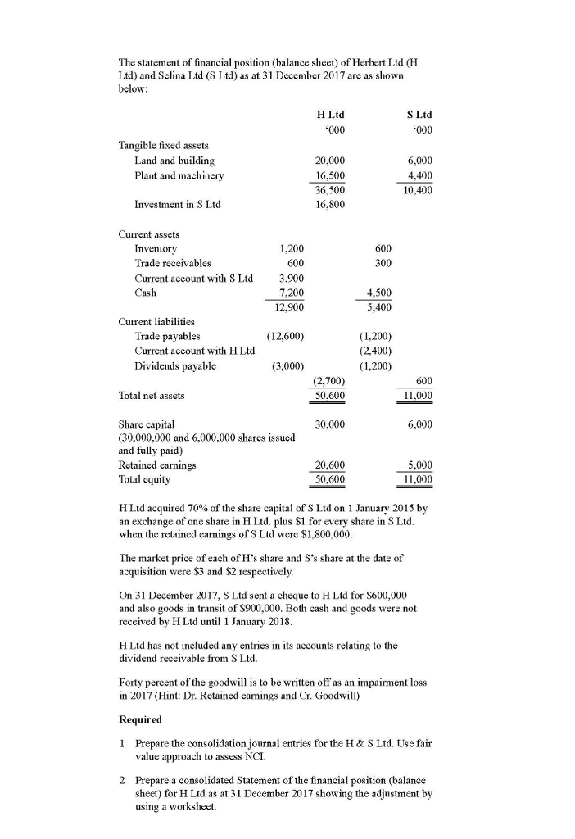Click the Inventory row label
(156, 248)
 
